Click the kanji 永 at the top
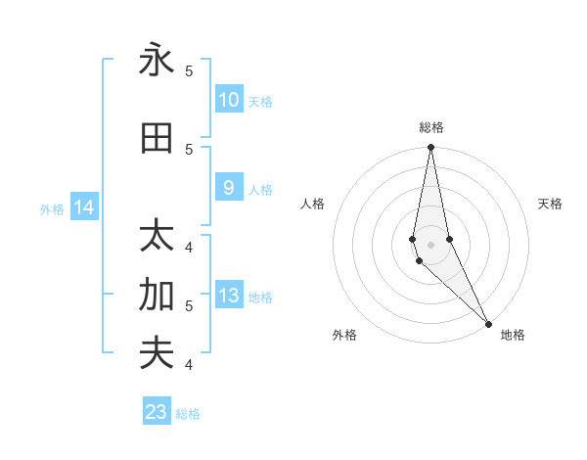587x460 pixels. click(x=157, y=61)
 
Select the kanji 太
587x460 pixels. click(x=157, y=237)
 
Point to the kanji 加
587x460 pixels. click(x=157, y=294)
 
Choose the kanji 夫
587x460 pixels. click(x=157, y=352)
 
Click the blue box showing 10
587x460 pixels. click(x=228, y=100)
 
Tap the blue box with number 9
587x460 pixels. click(x=228, y=188)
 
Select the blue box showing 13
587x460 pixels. click(x=228, y=297)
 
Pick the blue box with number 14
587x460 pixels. click(x=84, y=207)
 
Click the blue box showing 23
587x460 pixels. click(x=157, y=412)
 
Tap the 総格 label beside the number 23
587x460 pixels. click(x=188, y=414)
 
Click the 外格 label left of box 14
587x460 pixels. click(x=52, y=208)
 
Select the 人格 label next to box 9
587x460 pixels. click(x=260, y=189)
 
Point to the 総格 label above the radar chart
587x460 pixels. click(x=431, y=127)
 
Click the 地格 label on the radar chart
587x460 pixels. click(x=513, y=335)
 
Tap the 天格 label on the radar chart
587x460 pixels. click(x=550, y=204)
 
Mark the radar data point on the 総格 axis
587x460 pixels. click(x=430, y=148)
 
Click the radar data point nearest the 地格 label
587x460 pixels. click(x=487, y=323)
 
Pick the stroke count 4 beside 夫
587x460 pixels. click(x=189, y=364)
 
